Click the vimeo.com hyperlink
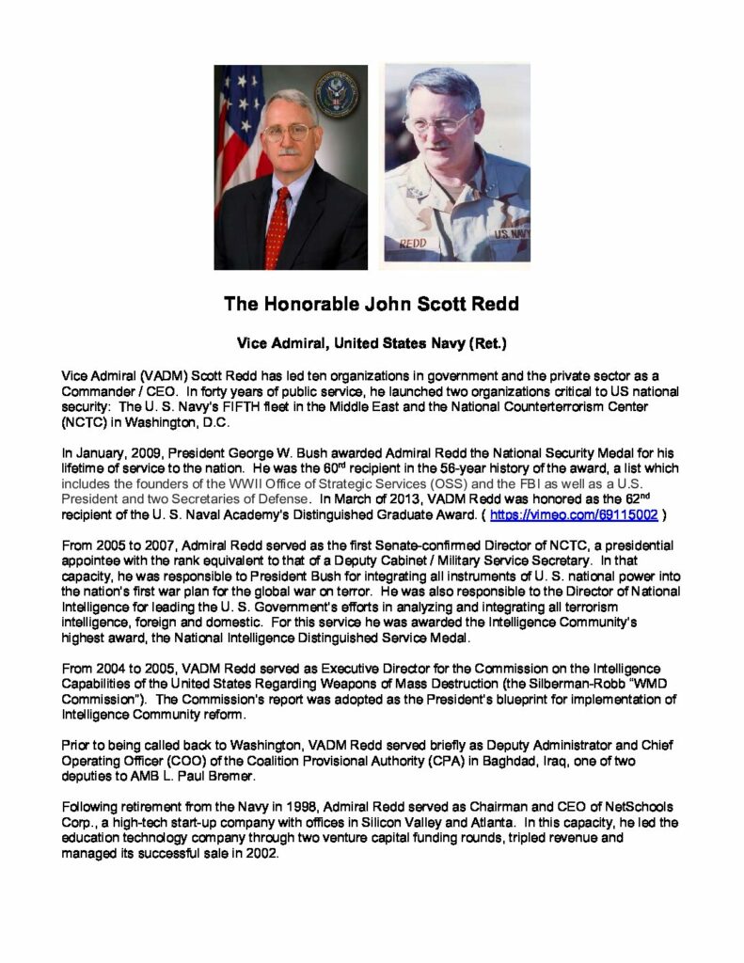tap(581, 515)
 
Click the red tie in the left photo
tap(277, 227)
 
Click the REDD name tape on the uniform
tap(414, 243)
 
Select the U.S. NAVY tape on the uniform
tap(510, 233)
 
